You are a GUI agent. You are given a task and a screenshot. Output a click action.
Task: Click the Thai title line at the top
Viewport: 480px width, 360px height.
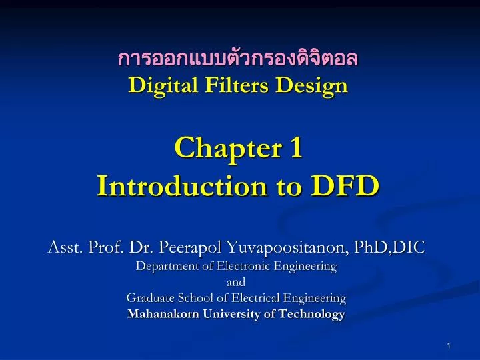tap(237, 59)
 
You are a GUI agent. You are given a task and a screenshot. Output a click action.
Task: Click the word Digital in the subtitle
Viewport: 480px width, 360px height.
tap(157, 85)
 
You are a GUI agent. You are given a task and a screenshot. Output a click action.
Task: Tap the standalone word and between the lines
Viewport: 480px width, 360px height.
tap(237, 282)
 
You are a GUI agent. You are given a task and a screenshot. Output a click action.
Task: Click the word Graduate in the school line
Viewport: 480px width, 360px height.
tap(149, 297)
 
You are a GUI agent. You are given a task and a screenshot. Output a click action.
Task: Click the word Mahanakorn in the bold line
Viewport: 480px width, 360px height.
tap(159, 314)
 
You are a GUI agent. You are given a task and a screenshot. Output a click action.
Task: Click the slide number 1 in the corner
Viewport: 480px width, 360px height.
tap(449, 345)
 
